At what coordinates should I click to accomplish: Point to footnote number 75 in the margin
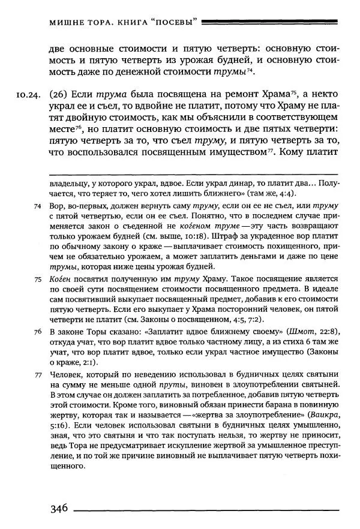pos(37,279)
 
